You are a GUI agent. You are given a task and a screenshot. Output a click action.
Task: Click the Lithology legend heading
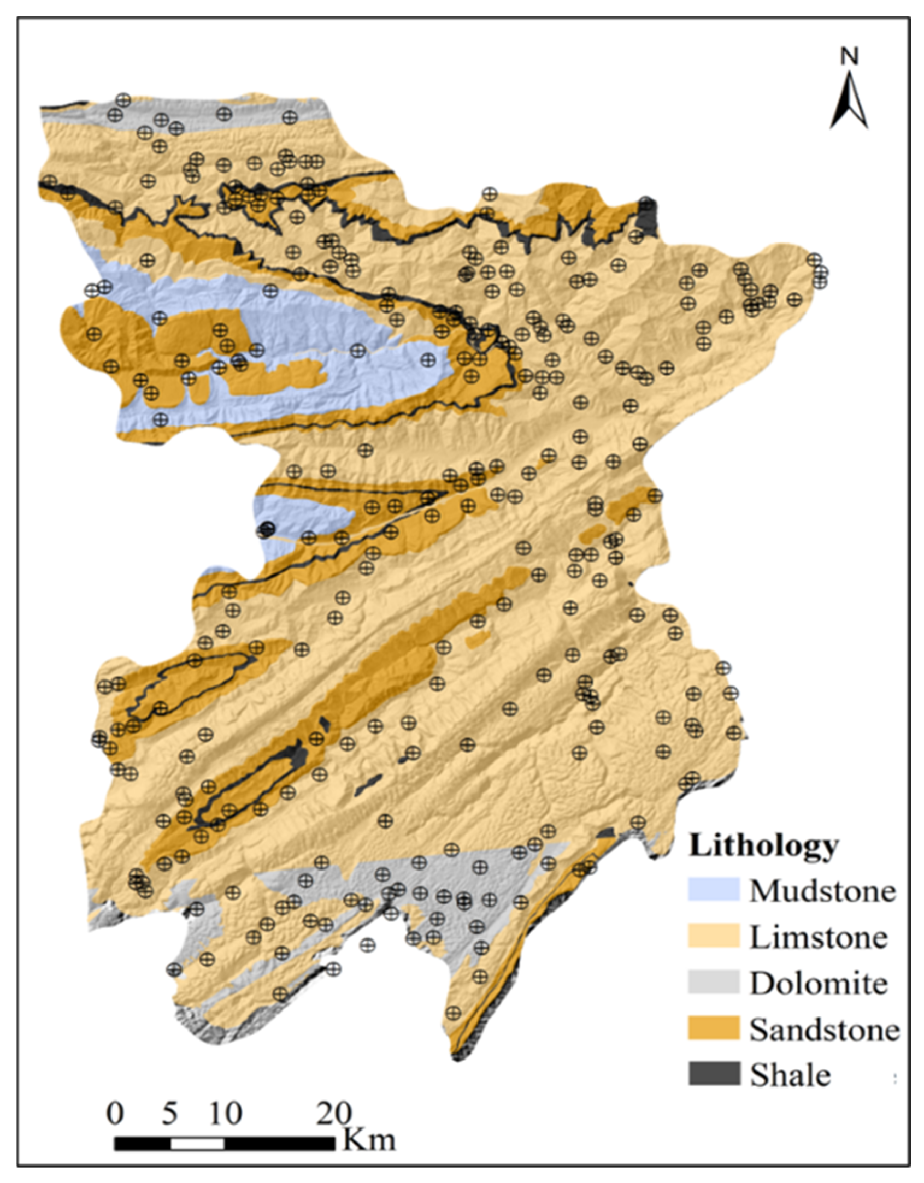(763, 846)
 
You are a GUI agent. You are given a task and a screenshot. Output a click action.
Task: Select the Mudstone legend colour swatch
(713, 890)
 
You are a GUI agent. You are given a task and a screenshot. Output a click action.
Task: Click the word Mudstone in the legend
(822, 891)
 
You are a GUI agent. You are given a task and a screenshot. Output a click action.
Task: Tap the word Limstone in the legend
(817, 937)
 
